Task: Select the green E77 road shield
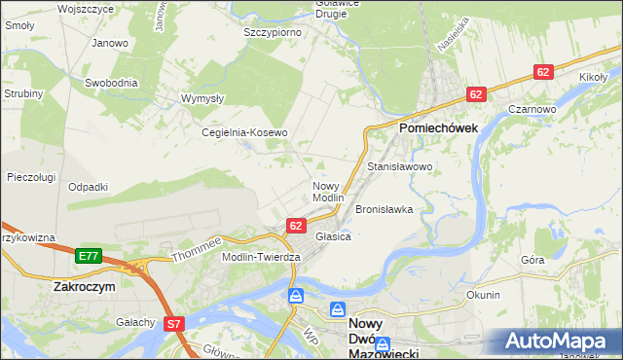point(88,256)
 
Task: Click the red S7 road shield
point(174,323)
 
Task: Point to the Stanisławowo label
point(399,167)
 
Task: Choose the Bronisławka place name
point(385,209)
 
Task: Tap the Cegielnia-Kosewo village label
point(244,132)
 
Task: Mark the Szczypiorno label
point(272,32)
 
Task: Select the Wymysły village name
point(203,98)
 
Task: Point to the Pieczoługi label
point(30,177)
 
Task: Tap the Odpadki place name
point(88,186)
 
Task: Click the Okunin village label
point(483,295)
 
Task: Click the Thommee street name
point(198,250)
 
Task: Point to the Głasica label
point(333,236)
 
